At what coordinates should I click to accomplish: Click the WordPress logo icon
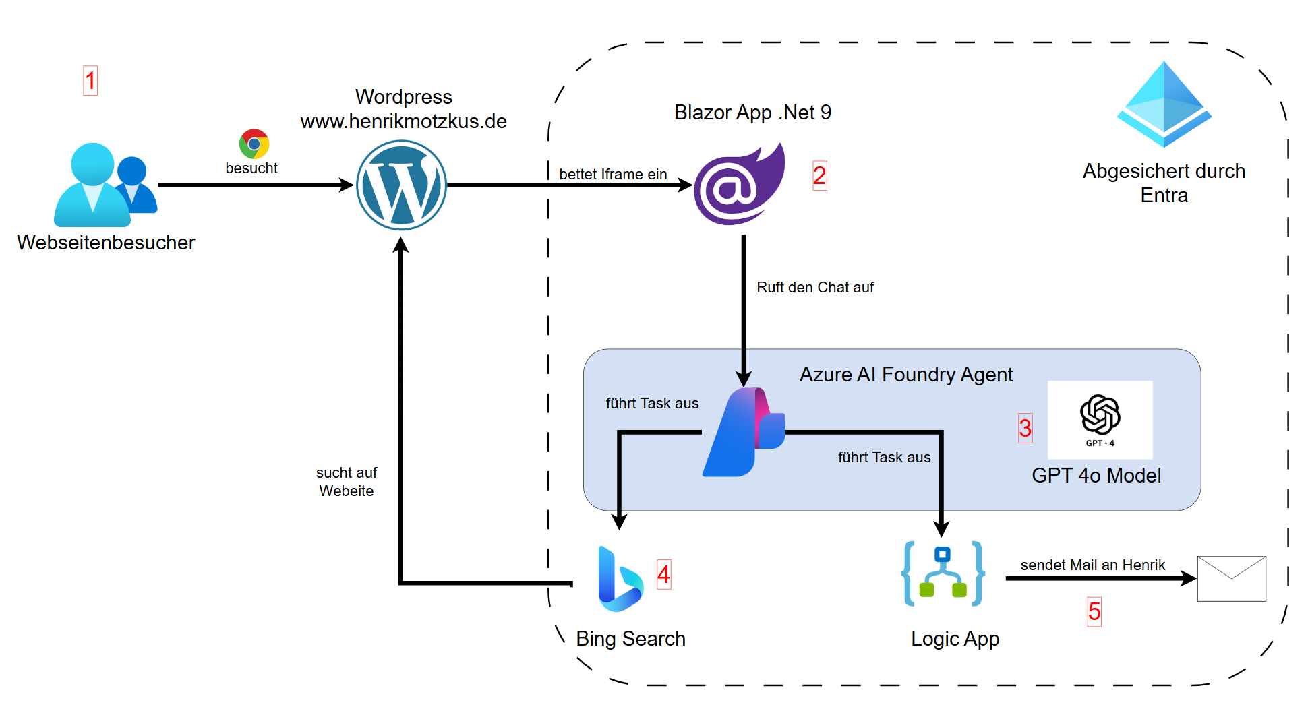[401, 185]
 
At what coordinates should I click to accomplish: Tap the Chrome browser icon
[254, 144]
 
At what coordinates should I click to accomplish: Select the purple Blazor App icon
[740, 185]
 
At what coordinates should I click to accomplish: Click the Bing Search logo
[620, 579]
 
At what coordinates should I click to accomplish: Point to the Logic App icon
[943, 573]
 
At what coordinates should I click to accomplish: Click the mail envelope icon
[1231, 578]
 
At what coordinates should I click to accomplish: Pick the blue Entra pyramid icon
[1164, 104]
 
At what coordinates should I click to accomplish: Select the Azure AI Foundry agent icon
[744, 433]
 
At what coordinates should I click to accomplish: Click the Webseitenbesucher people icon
[105, 185]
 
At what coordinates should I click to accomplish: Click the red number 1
[90, 80]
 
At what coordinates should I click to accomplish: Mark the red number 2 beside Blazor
[819, 175]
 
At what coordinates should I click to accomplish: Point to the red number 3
[1025, 428]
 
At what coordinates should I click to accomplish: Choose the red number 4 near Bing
[663, 574]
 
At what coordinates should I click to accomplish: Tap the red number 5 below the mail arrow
[1094, 611]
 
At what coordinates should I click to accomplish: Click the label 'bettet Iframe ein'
[613, 174]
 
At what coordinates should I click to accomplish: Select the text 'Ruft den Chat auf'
[814, 287]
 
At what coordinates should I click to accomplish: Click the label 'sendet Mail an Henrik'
[1092, 565]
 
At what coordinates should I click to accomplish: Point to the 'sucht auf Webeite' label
[347, 481]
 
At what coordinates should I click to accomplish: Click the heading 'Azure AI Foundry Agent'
[905, 374]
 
